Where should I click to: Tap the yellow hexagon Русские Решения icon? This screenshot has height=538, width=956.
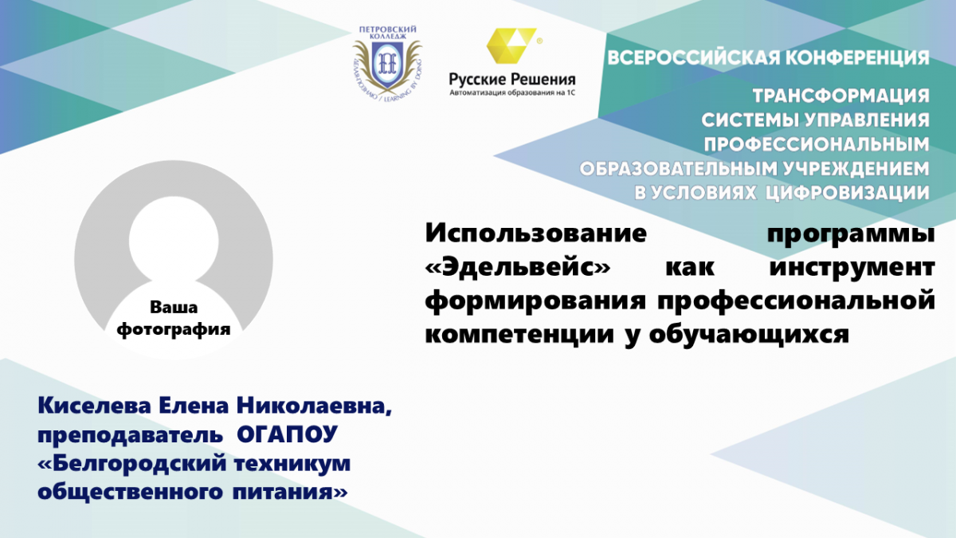point(511,45)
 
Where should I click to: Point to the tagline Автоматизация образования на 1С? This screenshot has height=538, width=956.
point(512,92)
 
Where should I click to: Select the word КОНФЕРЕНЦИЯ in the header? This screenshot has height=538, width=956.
point(857,57)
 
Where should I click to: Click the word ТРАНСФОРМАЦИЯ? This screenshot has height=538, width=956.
point(840,96)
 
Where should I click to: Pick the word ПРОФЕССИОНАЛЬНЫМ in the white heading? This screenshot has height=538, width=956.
point(817,145)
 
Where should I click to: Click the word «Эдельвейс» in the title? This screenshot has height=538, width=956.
point(518,267)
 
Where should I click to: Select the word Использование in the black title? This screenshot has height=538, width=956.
point(536,234)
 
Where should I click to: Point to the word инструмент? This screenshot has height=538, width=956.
point(852,268)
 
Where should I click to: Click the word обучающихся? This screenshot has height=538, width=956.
point(750,336)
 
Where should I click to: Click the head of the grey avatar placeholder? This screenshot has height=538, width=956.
point(174,242)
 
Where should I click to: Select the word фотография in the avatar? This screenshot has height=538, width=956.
point(174,330)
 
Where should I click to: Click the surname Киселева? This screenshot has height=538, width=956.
point(94,406)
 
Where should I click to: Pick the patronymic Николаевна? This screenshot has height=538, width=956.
point(314,406)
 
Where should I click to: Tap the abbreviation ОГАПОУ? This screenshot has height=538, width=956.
point(288,434)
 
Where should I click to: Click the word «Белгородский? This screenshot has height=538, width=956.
point(131,464)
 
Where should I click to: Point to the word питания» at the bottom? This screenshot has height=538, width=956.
point(290,493)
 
